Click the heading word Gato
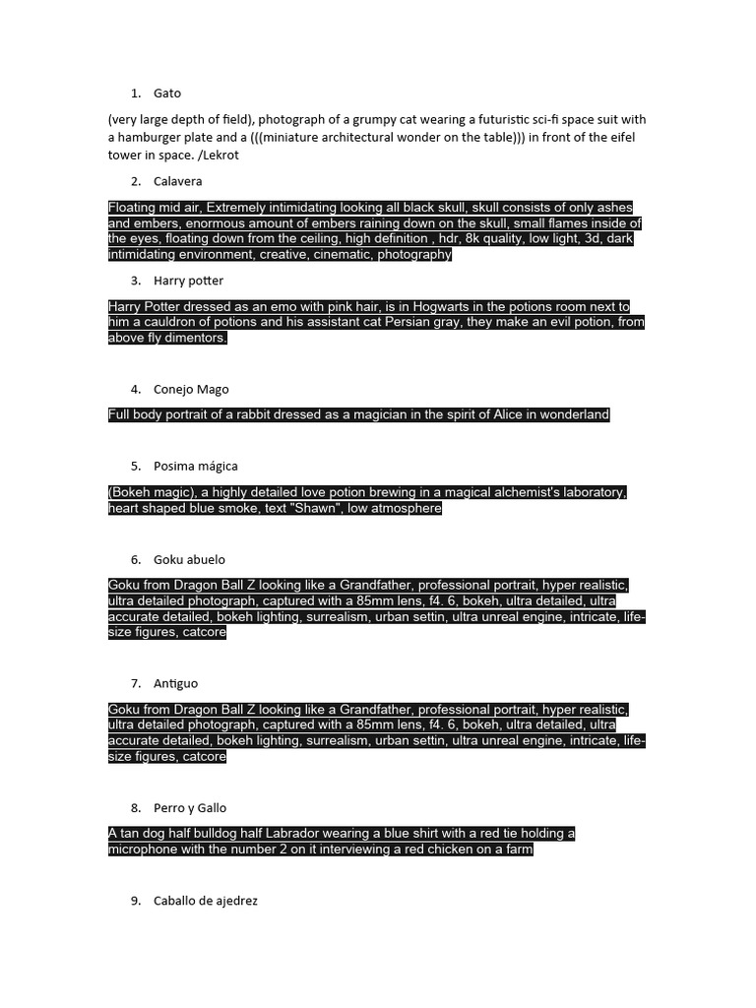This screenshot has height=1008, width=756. [167, 94]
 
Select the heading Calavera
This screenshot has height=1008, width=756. [178, 181]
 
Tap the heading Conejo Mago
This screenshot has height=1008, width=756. [191, 389]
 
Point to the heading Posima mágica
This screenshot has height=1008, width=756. [196, 466]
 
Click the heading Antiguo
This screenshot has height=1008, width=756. [176, 683]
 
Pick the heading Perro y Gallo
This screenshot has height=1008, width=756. [190, 808]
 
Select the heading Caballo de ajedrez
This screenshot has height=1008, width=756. [206, 901]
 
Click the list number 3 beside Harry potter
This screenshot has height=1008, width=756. [135, 281]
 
